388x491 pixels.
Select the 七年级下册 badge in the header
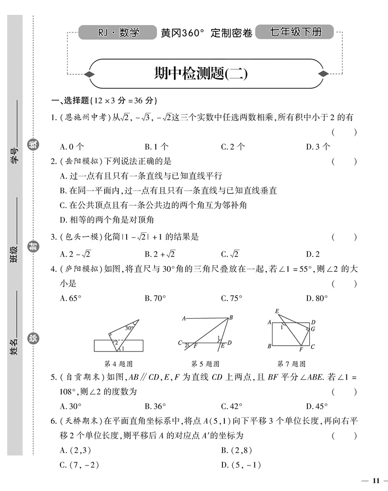coord(295,33)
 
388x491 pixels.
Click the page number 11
coord(376,480)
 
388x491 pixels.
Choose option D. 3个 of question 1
coord(318,146)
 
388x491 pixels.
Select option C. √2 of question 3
coord(229,254)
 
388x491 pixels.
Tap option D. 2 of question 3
coord(312,254)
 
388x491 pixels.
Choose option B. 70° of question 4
coord(157,298)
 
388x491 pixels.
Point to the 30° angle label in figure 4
coord(129,327)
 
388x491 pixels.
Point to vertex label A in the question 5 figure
coord(183,318)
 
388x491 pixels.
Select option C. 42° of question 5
coord(232,406)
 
